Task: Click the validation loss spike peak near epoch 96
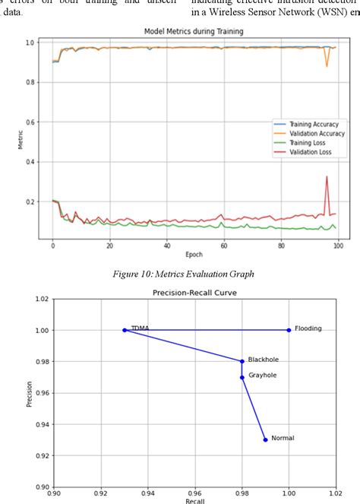tap(327, 177)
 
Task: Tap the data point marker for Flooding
tap(289, 330)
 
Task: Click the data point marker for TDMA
tap(125, 330)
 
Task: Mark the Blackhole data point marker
tap(242, 361)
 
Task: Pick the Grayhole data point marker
tap(242, 377)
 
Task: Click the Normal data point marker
tap(265, 439)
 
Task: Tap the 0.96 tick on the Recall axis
tap(195, 493)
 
